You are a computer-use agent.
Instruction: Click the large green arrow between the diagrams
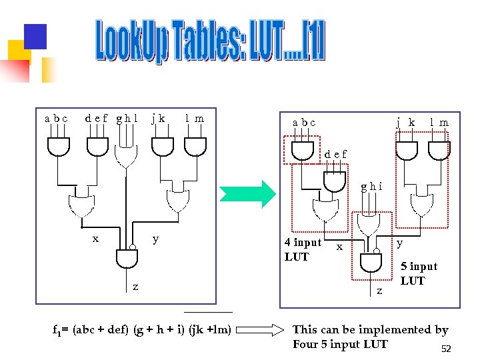pos(248,193)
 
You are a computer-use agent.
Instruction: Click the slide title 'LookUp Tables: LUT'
pos(210,41)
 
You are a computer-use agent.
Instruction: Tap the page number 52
pos(446,349)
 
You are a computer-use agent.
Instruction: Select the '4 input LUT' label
pos(303,249)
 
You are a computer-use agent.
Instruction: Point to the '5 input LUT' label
pos(418,273)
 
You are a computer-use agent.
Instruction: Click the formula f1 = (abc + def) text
pos(142,329)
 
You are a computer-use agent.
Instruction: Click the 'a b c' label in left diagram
pos(56,119)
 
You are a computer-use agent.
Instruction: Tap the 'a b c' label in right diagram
pos(304,123)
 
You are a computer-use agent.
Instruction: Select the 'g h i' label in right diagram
pos(371,186)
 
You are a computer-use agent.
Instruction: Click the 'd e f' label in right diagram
pos(335,154)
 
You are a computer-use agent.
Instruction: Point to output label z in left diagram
pos(135,287)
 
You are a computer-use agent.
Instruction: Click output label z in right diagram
pos(380,291)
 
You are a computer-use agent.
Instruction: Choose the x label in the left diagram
pos(96,238)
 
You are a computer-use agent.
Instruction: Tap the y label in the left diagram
pos(155,238)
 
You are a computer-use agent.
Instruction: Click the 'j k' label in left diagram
pos(158,119)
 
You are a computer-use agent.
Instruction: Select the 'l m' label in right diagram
pos(439,123)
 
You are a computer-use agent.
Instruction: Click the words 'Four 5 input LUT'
pos(340,344)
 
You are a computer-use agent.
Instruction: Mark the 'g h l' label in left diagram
pos(127,119)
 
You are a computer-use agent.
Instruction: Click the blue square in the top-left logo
pos(35,36)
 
